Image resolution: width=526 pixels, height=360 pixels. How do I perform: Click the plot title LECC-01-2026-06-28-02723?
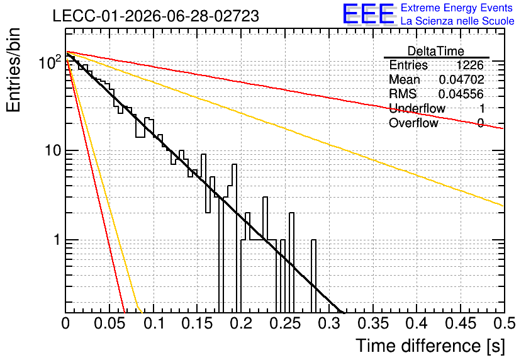pos(155,16)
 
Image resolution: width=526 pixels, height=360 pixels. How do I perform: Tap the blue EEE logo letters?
pos(368,14)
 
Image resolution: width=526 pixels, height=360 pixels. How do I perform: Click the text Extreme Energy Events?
pos(457,8)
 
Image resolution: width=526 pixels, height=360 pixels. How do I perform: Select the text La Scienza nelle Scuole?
pos(457,21)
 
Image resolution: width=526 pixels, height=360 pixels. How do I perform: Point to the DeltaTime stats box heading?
pos(436,51)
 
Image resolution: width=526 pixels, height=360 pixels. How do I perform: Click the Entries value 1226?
pos(469,65)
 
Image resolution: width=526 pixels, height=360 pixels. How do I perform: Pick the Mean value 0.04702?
pos(461,79)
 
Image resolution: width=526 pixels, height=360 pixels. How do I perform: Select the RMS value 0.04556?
pos(461,94)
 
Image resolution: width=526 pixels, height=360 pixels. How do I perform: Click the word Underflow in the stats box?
pos(417,108)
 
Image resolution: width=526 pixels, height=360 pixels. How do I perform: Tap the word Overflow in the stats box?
pos(413,123)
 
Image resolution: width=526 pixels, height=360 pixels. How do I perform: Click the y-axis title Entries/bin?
pos(13,70)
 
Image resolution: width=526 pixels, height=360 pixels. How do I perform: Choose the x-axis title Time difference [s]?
pos(430,346)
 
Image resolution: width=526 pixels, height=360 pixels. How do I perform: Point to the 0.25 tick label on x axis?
pos(285,323)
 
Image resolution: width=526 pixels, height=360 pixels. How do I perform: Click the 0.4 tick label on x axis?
pos(417,323)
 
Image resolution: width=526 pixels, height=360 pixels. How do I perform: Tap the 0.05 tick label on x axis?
pos(109,323)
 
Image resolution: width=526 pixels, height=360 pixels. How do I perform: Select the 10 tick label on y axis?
pos(53,150)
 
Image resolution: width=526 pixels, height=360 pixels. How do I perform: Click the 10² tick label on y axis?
pos(50,62)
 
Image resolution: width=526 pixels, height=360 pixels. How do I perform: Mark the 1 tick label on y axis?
pos(58,240)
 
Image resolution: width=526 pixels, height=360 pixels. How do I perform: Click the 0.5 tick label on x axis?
pos(505,323)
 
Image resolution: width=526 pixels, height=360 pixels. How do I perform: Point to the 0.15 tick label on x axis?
pos(198,323)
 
